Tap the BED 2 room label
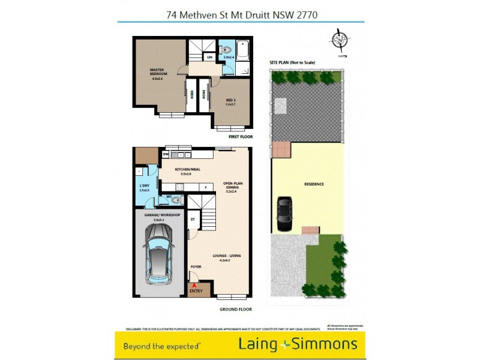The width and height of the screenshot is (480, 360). click(x=231, y=102)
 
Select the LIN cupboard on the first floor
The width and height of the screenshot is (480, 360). click(x=209, y=57)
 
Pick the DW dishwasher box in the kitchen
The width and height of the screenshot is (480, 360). click(x=166, y=154)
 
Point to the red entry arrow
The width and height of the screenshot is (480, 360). click(x=194, y=286)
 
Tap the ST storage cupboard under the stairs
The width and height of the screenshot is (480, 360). click(x=193, y=220)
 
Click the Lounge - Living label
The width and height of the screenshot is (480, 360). click(x=226, y=258)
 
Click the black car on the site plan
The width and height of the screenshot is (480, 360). click(x=284, y=214)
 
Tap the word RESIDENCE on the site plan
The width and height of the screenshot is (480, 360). click(x=314, y=184)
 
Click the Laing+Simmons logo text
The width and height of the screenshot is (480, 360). click(x=298, y=344)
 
